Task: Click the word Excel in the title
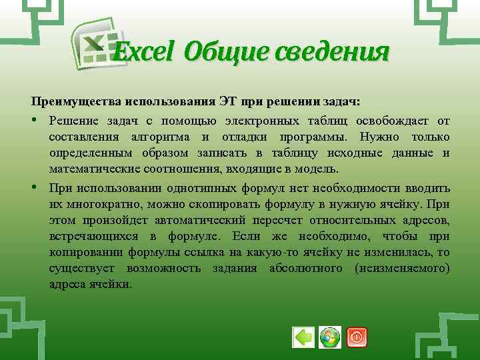(x=143, y=51)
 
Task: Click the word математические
(x=89, y=170)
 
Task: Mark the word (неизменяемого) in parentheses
(x=403, y=268)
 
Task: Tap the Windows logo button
(x=329, y=337)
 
